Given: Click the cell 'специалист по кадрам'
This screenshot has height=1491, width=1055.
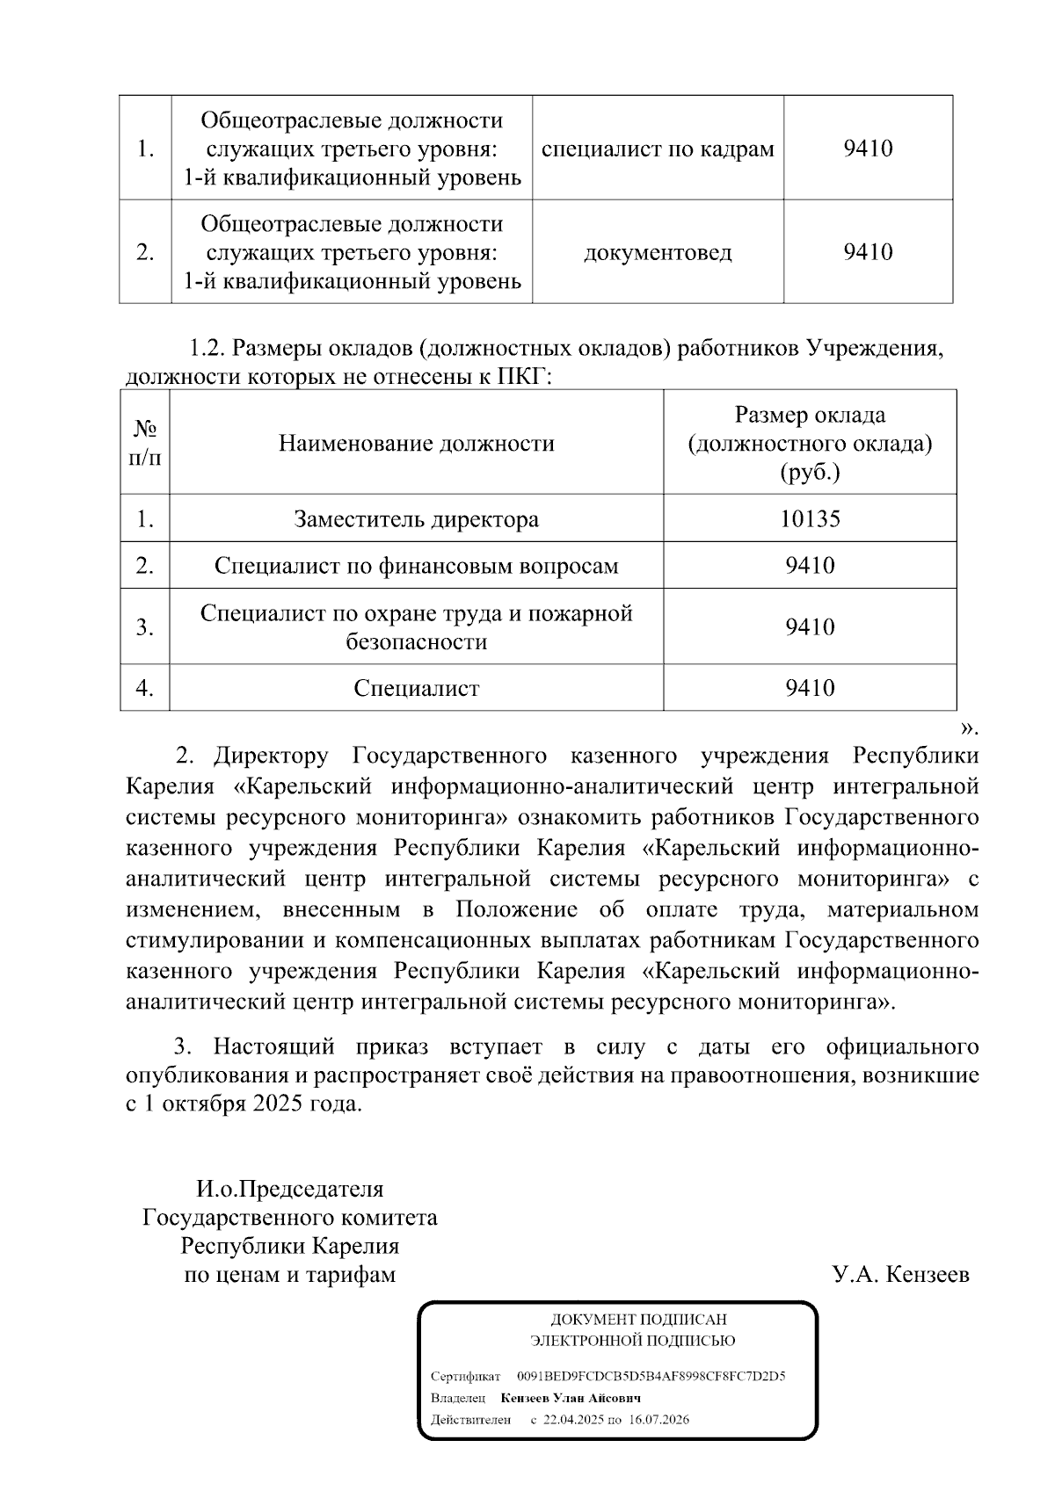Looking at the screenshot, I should pyautogui.click(x=658, y=148).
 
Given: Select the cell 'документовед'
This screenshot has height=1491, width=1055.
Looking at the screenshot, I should pyautogui.click(x=658, y=253).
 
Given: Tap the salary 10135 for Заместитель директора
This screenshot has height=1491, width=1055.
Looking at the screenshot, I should pyautogui.click(x=810, y=518).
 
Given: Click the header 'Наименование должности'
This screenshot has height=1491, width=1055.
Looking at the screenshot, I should pyautogui.click(x=417, y=443).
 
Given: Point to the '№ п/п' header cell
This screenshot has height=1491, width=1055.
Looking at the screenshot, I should pyautogui.click(x=145, y=443).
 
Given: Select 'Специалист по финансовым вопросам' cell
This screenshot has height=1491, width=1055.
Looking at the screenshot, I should pyautogui.click(x=417, y=566).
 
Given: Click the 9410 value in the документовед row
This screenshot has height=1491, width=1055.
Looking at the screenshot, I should pyautogui.click(x=868, y=253).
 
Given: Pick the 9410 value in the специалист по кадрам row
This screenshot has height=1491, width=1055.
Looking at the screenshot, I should pyautogui.click(x=868, y=148).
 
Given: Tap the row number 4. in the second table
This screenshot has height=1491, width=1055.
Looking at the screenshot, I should pyautogui.click(x=145, y=688).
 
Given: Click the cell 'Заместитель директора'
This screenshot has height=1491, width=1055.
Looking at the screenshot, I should pyautogui.click(x=417, y=518).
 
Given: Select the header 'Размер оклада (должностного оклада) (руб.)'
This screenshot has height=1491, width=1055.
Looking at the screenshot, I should pyautogui.click(x=810, y=443).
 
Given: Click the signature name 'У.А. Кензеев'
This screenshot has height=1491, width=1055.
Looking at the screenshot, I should pyautogui.click(x=900, y=1274).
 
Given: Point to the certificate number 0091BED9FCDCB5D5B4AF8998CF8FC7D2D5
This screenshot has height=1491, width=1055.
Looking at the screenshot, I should pyautogui.click(x=651, y=1376).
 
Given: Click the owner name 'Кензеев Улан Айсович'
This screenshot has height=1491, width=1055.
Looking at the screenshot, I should pyautogui.click(x=571, y=1398).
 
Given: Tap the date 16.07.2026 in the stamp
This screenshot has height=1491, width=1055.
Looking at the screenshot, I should pyautogui.click(x=659, y=1420).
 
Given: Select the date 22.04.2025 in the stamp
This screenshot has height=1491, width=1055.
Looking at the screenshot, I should pyautogui.click(x=574, y=1420).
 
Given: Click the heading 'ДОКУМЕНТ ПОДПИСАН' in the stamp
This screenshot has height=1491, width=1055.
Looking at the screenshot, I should pyautogui.click(x=638, y=1320).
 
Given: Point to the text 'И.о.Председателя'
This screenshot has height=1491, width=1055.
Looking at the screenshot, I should pyautogui.click(x=289, y=1189).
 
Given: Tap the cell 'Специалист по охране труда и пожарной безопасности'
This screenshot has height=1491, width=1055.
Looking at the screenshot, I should pyautogui.click(x=417, y=626).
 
